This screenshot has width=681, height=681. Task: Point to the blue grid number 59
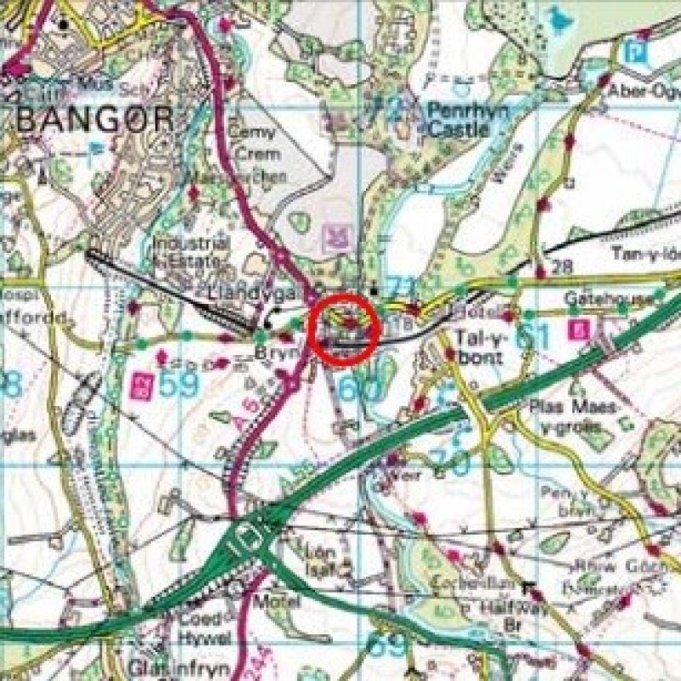point(178,385)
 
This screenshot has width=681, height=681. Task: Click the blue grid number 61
point(532,336)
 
